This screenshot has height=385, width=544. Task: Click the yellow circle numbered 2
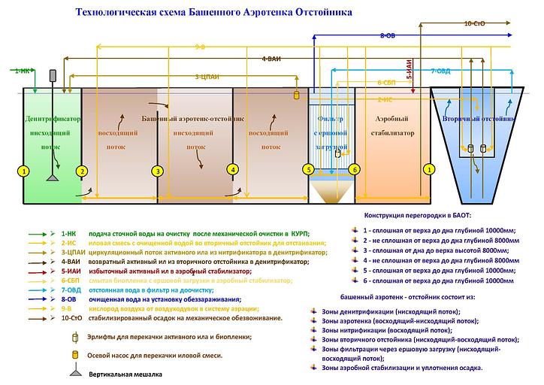click(x=83, y=171)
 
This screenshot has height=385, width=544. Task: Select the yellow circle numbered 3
click(x=157, y=171)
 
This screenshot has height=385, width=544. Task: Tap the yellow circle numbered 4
click(x=234, y=170)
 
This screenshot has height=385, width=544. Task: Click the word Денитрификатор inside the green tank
click(x=52, y=119)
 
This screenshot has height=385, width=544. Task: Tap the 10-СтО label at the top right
click(x=474, y=24)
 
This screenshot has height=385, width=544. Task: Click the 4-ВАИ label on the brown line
click(x=271, y=58)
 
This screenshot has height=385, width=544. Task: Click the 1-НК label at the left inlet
click(x=23, y=71)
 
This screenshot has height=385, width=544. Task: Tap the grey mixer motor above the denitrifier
click(x=53, y=76)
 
